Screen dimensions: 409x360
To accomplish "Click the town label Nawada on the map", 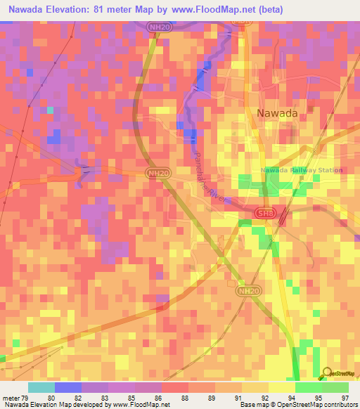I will [276, 112].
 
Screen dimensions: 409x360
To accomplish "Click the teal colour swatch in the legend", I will [41, 387].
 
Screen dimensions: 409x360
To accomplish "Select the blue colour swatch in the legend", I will [67, 387].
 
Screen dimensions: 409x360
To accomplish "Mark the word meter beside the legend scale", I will [11, 398].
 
